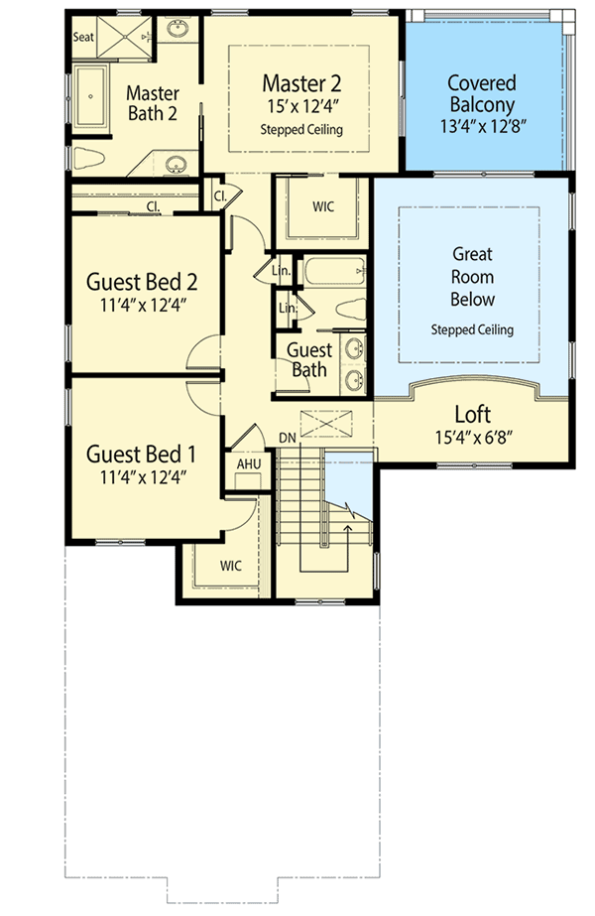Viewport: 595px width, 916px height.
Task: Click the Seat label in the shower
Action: (83, 37)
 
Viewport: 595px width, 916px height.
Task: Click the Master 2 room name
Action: (301, 81)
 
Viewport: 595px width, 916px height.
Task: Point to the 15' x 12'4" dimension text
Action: (301, 105)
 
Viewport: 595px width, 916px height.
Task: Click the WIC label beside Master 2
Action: (322, 207)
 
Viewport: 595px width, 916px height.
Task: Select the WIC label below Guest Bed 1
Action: (231, 566)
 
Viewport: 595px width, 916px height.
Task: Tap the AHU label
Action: (247, 463)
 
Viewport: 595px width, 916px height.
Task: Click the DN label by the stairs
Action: (287, 438)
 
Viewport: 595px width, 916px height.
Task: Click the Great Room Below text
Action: (472, 277)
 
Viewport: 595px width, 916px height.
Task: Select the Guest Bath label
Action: (309, 359)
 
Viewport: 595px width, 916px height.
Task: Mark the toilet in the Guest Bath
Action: (348, 309)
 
